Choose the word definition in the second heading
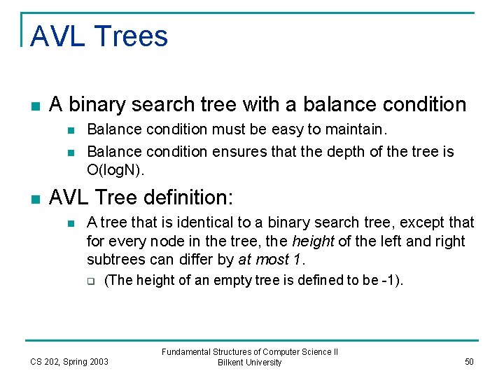(195, 198)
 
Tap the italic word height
(312, 241)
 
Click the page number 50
(468, 361)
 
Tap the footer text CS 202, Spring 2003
(69, 361)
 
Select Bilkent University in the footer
(249, 363)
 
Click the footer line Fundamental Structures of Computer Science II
(249, 352)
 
